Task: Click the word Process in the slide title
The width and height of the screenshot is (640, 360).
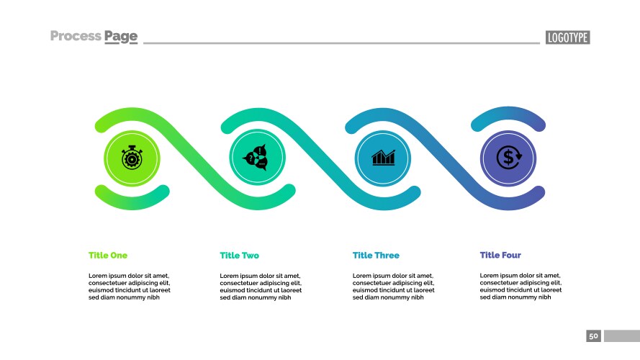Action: pos(76,36)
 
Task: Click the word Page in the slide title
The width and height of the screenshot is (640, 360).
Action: pos(121,37)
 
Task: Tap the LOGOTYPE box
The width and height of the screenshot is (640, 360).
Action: pos(568,37)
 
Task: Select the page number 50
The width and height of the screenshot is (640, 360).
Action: pos(593,336)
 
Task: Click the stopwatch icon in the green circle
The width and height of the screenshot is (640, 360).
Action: pos(132,157)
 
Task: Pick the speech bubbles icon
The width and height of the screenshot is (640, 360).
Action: pos(257,157)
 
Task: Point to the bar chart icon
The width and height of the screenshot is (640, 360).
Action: pos(383,157)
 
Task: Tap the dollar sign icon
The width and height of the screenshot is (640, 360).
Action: pos(508,157)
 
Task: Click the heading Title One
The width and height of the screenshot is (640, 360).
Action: pos(108,256)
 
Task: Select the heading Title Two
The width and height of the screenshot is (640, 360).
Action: pos(239,256)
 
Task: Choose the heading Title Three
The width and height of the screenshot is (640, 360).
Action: pos(376,256)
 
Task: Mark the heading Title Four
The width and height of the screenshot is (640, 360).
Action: pos(500,255)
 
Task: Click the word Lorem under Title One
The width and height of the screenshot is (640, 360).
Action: pos(99,276)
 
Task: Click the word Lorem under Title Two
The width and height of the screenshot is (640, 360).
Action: pos(230,276)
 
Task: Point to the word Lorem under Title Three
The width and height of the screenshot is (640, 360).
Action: pos(363,276)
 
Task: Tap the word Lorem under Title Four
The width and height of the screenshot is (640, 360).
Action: pos(490,276)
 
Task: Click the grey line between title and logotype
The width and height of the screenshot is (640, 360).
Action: pos(341,43)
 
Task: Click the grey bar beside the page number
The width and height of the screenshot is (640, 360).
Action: pos(621,336)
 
